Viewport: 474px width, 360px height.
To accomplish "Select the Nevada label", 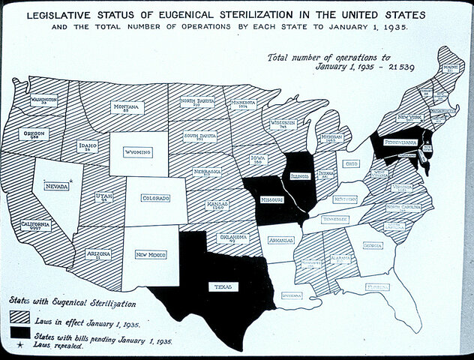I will [55, 186].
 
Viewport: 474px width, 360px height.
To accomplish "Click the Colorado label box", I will [155, 198].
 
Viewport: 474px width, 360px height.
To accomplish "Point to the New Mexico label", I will [151, 255].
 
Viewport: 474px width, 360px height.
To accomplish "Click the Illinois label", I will [298, 177].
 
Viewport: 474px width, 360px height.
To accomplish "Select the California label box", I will [36, 226].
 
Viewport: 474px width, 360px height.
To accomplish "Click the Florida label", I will [378, 286].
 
